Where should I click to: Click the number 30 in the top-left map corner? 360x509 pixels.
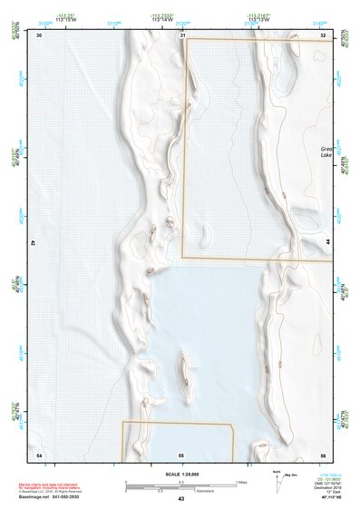(39, 35)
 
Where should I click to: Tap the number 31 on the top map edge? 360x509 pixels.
(182, 35)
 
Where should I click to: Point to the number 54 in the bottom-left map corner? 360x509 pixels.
(39, 453)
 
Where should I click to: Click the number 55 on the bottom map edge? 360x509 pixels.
(181, 453)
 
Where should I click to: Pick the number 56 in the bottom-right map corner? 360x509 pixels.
(324, 453)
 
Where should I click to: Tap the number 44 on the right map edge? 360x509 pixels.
(327, 243)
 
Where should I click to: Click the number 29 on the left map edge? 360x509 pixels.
(34, 243)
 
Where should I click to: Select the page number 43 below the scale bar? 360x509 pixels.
(181, 499)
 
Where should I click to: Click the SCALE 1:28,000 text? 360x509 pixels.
(181, 474)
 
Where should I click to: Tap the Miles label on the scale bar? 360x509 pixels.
(243, 480)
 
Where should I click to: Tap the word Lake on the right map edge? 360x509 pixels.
(326, 155)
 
